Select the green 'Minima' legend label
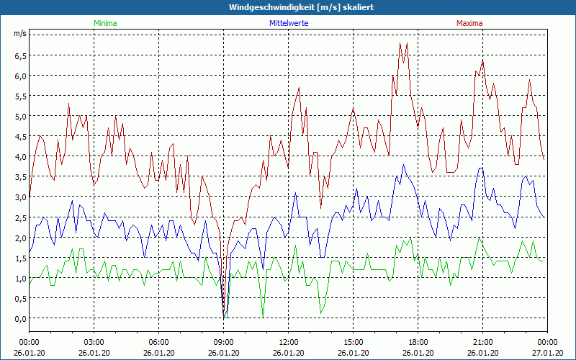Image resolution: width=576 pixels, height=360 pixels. tap(105, 23)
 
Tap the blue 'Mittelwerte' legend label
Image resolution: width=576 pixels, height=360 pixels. tap(288, 23)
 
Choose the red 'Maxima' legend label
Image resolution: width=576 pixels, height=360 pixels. tap(469, 23)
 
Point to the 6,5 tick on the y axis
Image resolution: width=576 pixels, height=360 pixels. tap(19, 55)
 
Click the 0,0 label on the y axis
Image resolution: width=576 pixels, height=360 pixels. tap(19, 318)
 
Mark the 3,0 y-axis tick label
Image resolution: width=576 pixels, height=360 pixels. tap(19, 197)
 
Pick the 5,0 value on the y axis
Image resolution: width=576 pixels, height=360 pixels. tap(19, 116)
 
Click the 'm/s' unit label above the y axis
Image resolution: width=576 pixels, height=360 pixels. tap(19, 33)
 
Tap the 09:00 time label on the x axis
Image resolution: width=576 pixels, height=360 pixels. tap(223, 342)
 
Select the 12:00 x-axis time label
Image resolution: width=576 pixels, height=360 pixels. tap(288, 342)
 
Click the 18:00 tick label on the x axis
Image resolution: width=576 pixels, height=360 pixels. tap(418, 342)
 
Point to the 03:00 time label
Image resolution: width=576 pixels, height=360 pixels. tap(94, 342)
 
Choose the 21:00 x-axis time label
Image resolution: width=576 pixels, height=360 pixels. tap(482, 342)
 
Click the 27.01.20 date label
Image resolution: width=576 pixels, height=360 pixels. tap(547, 353)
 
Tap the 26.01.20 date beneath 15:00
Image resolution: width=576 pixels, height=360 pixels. tap(353, 353)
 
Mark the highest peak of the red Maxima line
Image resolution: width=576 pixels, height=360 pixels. tap(400, 42)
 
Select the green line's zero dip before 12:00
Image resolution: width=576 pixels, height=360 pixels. tap(263, 317)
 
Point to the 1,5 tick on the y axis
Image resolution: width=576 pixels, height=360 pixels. tap(19, 258)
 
